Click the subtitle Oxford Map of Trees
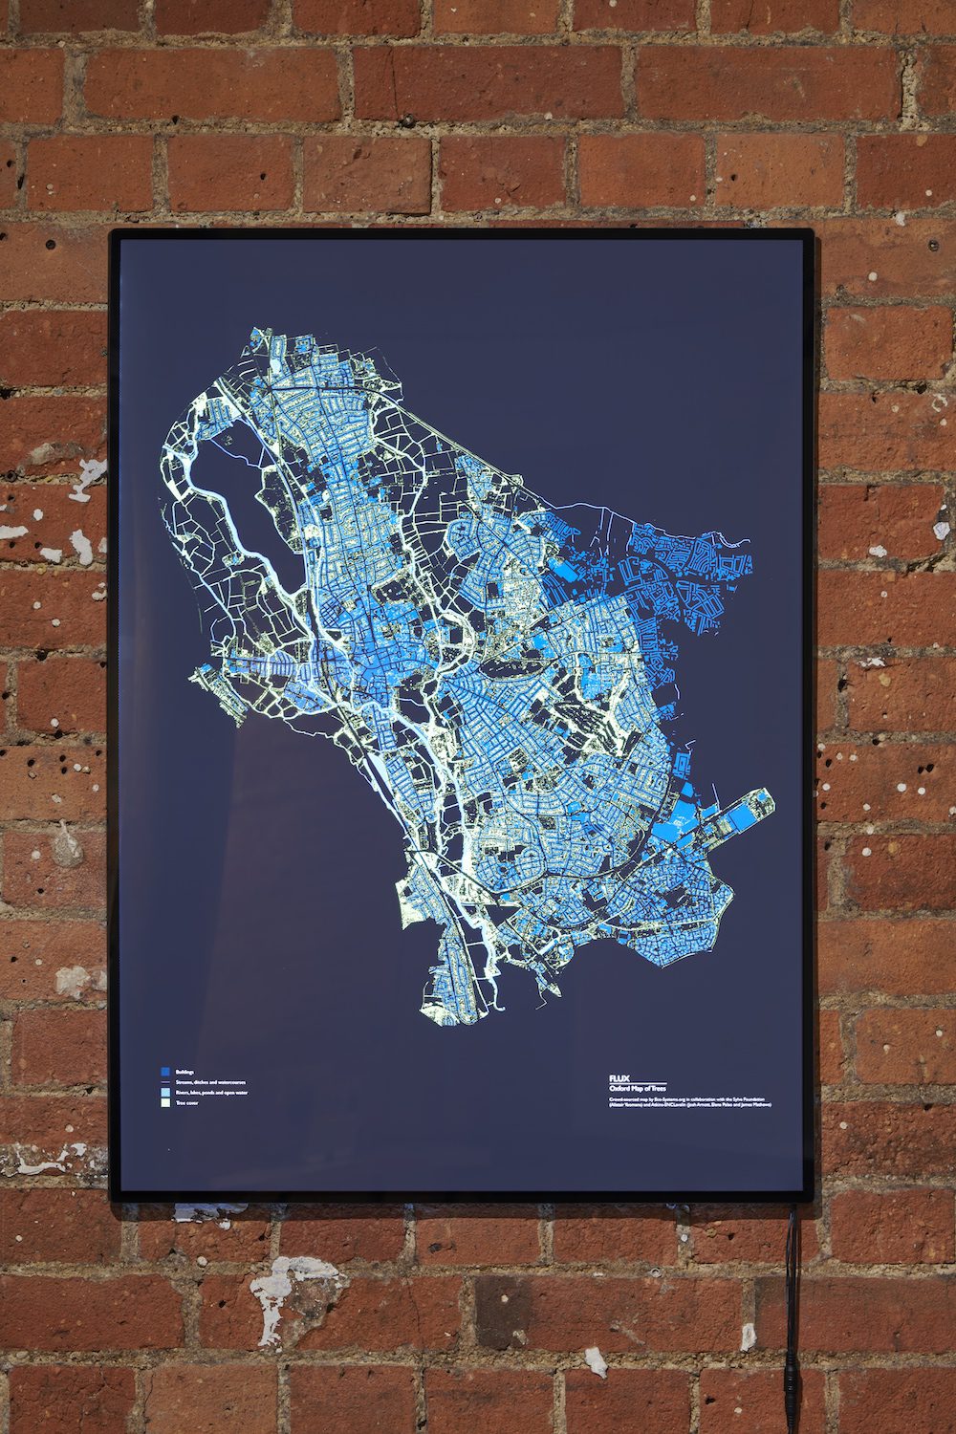638,1089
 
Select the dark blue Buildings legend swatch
164,1072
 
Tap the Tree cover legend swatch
164,1103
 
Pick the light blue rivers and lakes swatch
164,1092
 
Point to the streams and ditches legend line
165,1082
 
